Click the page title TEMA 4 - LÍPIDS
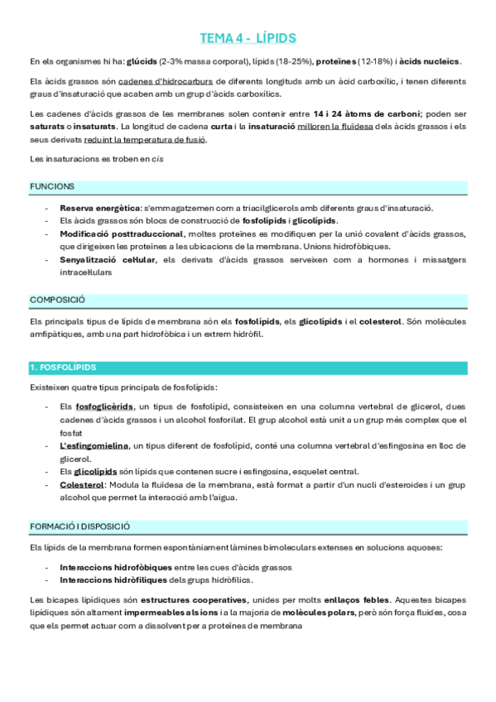pos(248,39)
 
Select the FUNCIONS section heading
pos(52,187)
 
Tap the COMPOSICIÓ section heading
pos(57,300)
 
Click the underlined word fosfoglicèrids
pos(104,406)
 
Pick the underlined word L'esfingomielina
pos(94,445)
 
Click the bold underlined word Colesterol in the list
pos(82,484)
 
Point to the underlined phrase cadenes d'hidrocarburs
pos(166,82)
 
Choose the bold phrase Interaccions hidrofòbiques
pos(116,567)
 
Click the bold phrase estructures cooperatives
pos(193,599)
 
